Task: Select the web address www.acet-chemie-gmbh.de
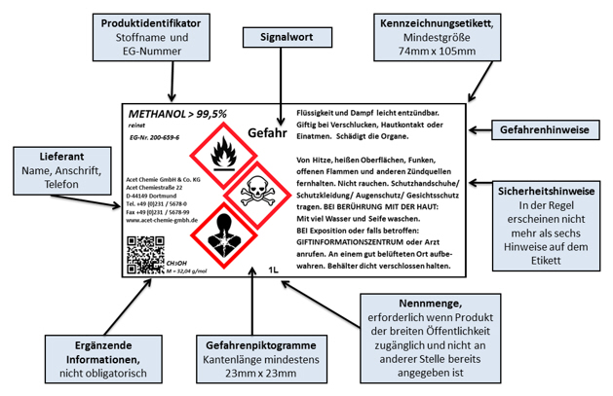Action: (x=164, y=222)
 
